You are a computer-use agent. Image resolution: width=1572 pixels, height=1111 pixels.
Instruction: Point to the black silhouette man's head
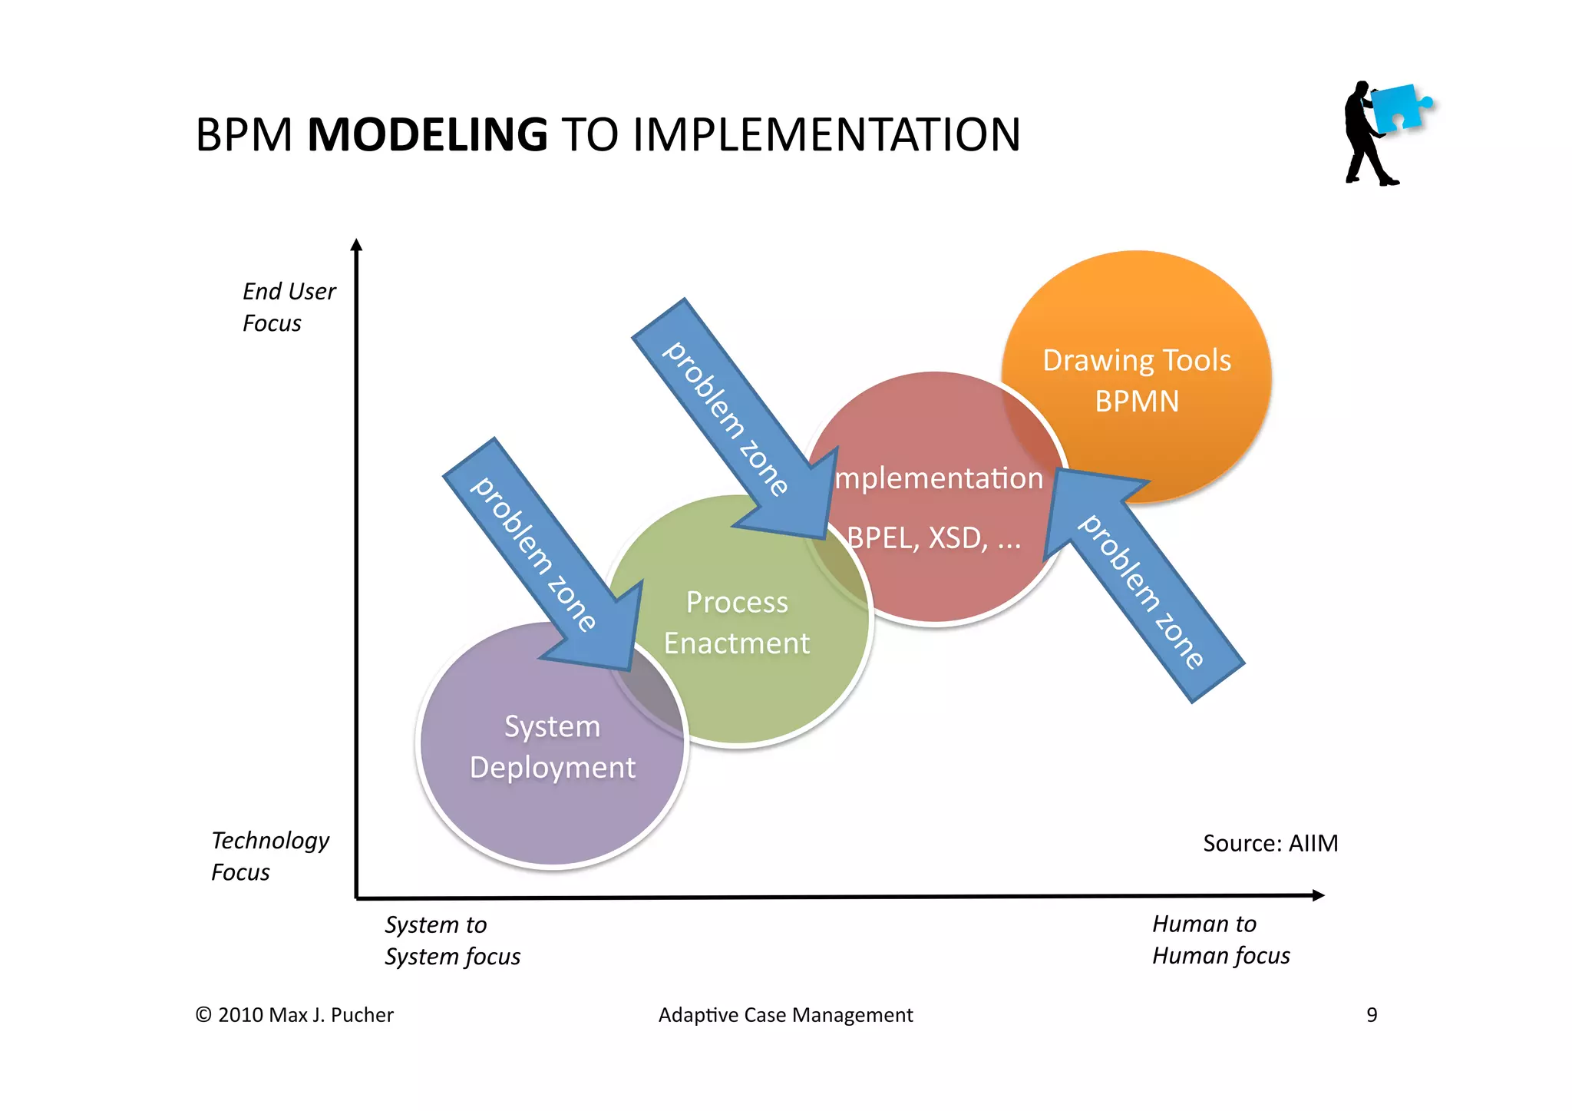point(1361,89)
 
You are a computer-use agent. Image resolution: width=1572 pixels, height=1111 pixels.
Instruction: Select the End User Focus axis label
point(288,307)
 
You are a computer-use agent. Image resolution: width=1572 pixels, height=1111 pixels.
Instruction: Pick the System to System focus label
point(451,941)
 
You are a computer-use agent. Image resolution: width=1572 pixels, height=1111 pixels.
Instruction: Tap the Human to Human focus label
point(1220,940)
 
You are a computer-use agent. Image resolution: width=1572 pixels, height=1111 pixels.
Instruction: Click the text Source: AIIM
point(1270,843)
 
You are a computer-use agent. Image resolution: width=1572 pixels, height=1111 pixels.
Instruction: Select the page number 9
point(1372,1015)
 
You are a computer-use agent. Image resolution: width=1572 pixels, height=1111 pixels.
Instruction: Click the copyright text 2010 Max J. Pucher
point(295,1015)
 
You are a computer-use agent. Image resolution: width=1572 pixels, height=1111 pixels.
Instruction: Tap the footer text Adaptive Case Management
point(785,1015)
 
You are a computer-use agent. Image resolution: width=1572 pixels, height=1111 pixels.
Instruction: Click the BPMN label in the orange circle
point(1136,402)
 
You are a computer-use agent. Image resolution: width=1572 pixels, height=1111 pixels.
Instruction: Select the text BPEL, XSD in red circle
point(933,538)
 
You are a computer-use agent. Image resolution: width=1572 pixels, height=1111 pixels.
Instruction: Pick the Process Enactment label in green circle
point(737,623)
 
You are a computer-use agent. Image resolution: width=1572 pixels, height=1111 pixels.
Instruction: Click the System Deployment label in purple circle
point(552,747)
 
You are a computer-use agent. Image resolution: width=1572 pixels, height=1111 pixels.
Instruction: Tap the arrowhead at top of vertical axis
point(356,245)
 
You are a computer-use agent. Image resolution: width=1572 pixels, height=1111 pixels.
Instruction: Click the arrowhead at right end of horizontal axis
point(1318,895)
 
